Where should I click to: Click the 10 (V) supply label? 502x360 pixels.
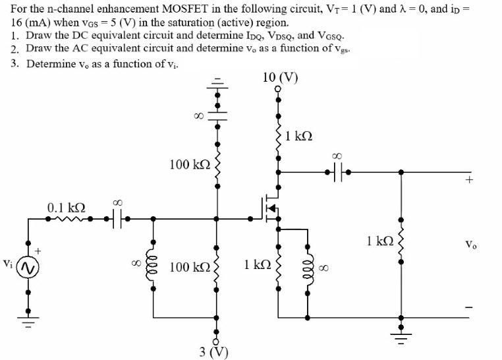coord(279,77)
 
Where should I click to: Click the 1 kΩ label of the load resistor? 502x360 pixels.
coord(381,242)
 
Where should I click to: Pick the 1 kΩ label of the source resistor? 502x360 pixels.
coord(257,265)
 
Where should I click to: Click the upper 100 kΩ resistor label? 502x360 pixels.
coord(188,163)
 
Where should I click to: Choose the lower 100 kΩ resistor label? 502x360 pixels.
coord(188,267)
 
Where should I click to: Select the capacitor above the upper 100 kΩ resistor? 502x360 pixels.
coord(217,115)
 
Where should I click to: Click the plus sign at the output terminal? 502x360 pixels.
coord(469,178)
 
